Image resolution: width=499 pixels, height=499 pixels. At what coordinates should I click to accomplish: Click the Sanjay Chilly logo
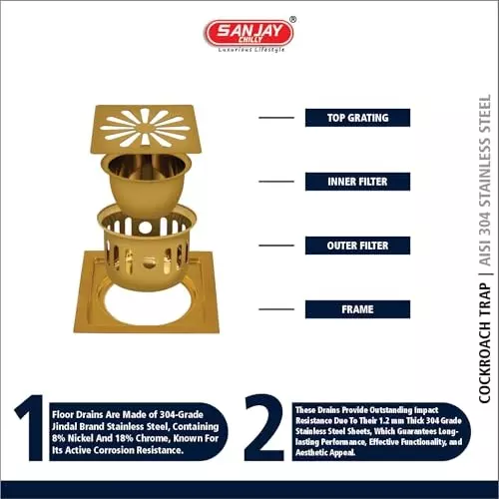point(249,32)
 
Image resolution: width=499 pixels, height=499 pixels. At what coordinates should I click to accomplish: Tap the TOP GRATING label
point(357,118)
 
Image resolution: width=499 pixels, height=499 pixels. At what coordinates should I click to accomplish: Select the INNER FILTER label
point(357,182)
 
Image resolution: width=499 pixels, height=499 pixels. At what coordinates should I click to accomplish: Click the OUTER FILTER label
point(357,246)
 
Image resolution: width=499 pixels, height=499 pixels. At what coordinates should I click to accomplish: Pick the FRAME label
point(357,309)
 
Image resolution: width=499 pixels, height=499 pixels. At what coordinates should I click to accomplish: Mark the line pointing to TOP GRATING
point(276,118)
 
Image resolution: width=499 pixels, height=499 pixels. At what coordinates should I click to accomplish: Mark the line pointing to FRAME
point(276,309)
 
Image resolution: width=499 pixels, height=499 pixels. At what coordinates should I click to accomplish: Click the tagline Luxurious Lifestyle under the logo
point(249,49)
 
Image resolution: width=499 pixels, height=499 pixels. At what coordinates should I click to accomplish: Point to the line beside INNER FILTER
point(276,182)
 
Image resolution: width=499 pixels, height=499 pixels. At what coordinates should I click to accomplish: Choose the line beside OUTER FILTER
point(276,246)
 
